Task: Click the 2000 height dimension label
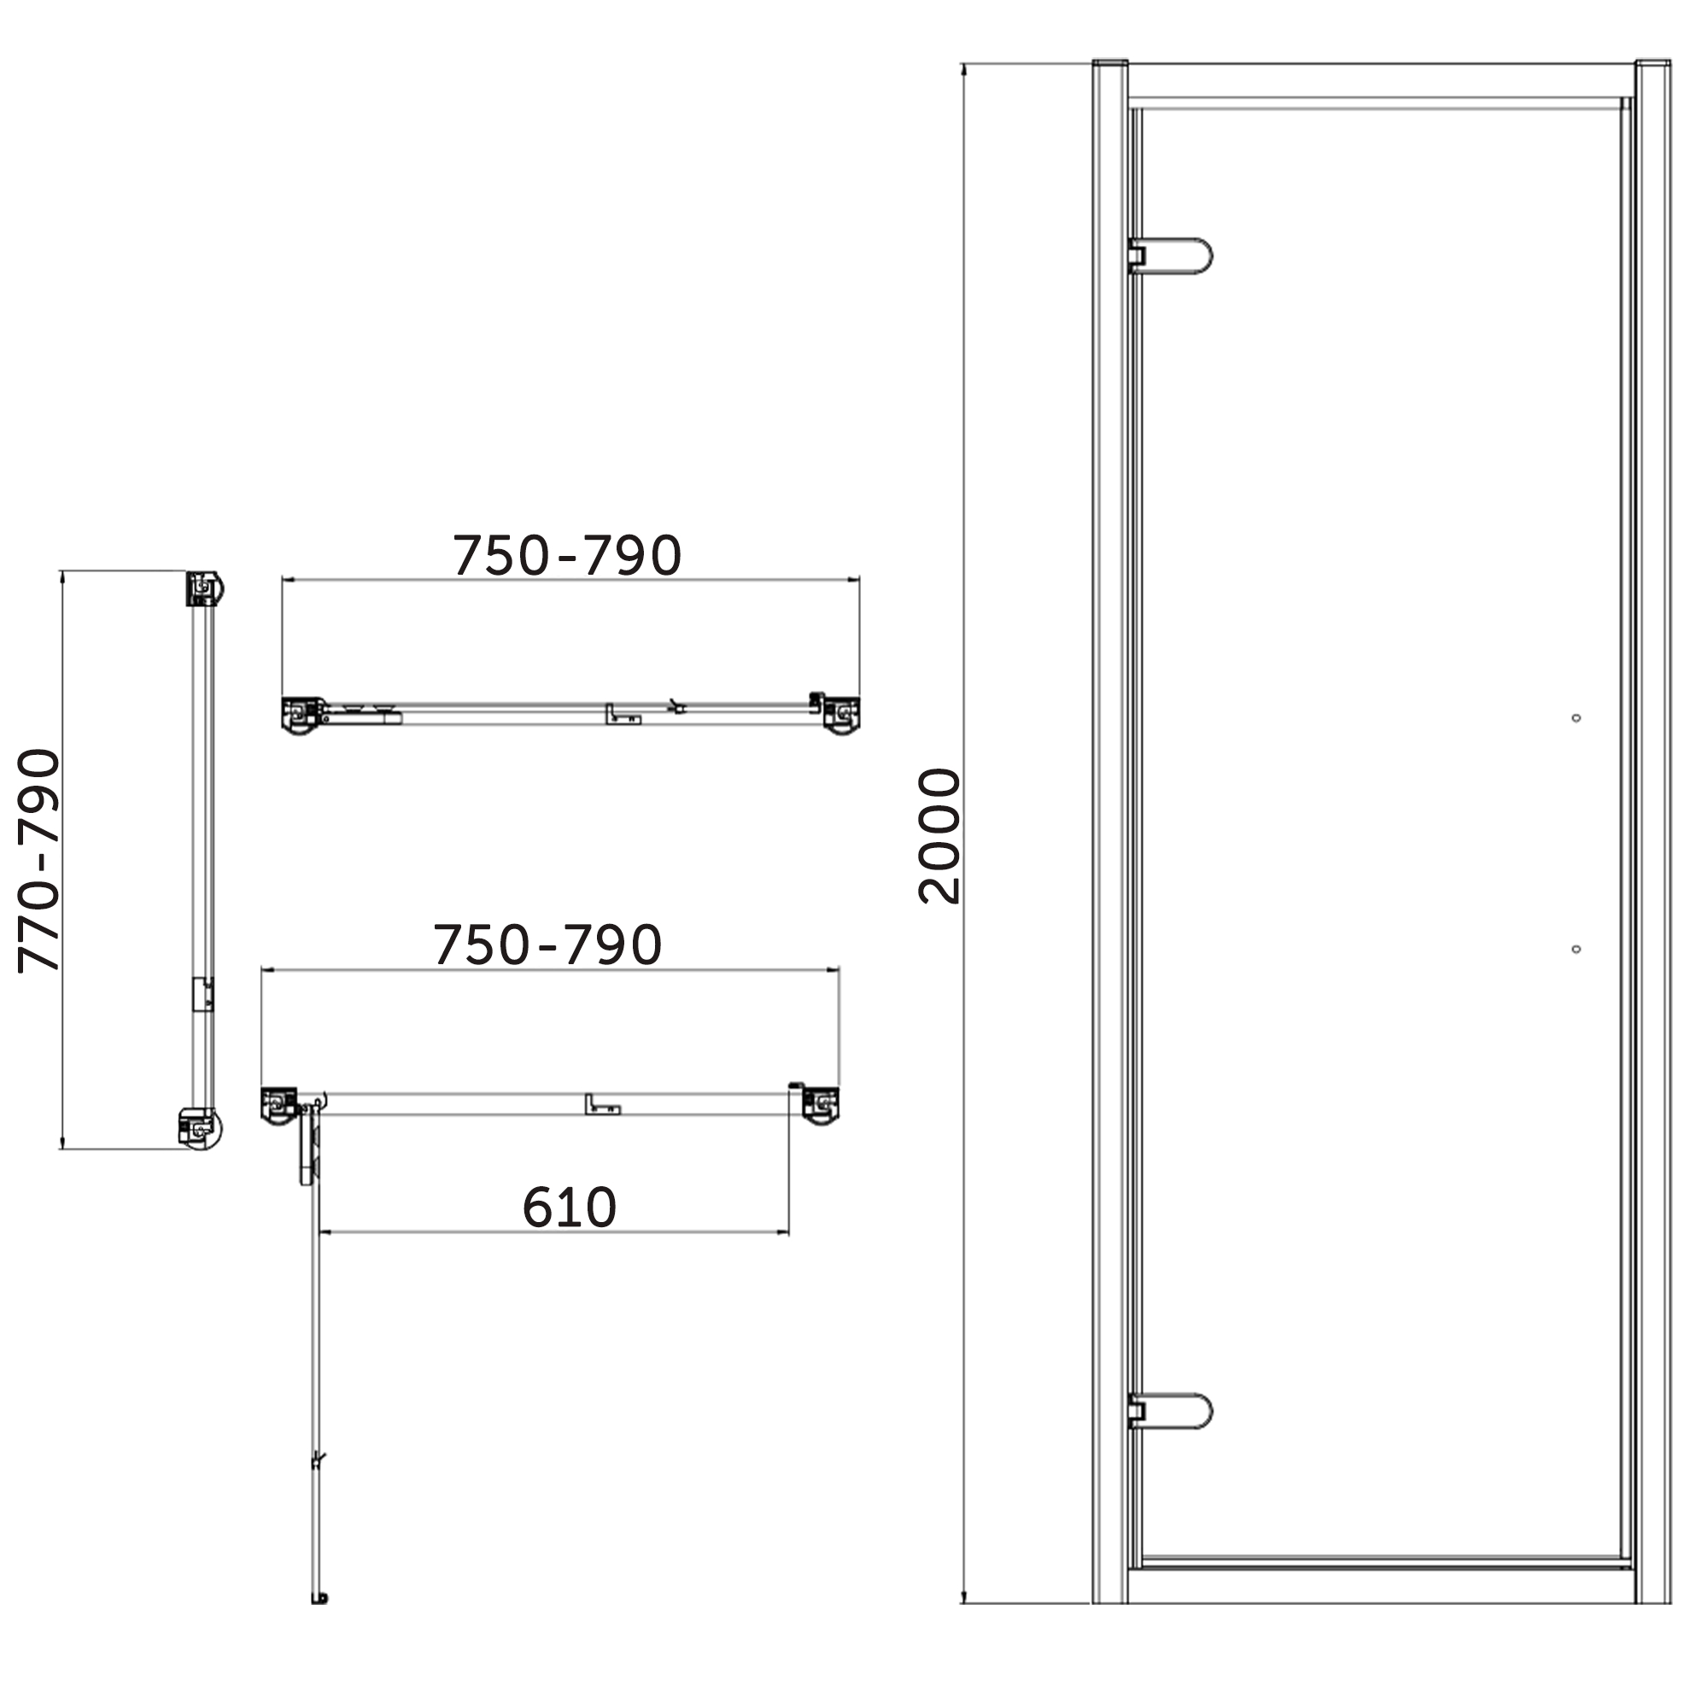click(939, 835)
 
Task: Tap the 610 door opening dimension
click(569, 1208)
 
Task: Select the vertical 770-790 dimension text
click(40, 860)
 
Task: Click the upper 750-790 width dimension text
click(567, 556)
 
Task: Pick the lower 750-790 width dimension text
click(547, 945)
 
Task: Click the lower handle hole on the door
click(1576, 949)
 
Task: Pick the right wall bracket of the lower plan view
click(822, 1105)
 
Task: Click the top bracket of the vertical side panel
click(204, 588)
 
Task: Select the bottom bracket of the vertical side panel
click(202, 1129)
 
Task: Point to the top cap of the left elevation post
click(1109, 64)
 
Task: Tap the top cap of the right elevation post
click(1652, 64)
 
